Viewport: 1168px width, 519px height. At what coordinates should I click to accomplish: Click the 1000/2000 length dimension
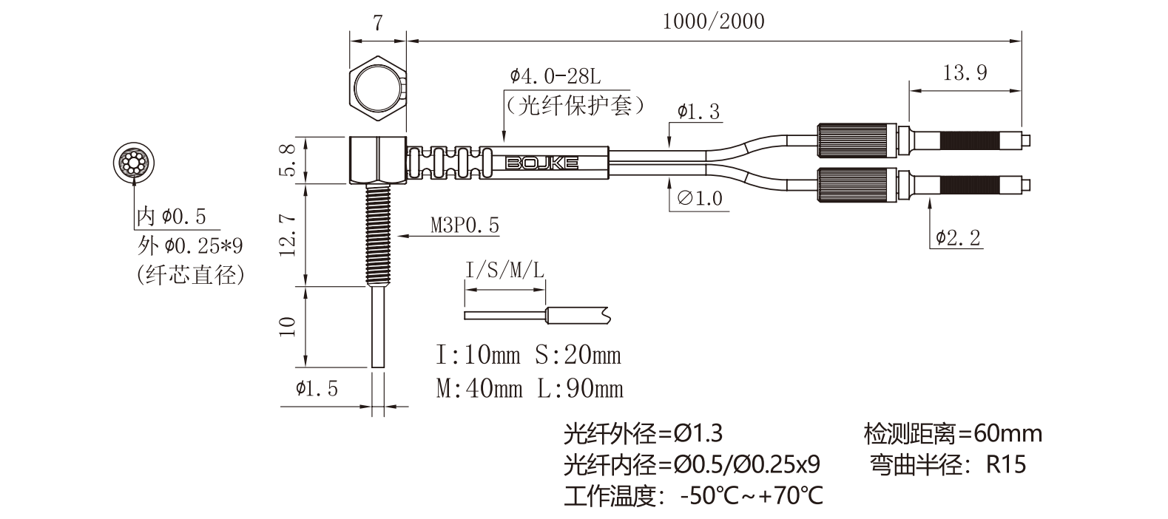[x=713, y=21]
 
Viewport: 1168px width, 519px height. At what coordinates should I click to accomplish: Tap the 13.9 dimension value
[x=965, y=72]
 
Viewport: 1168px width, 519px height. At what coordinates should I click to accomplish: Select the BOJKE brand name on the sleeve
[x=541, y=163]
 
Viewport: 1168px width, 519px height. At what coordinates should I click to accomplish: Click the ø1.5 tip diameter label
[x=317, y=388]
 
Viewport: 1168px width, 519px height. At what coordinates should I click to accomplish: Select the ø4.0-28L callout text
[x=557, y=76]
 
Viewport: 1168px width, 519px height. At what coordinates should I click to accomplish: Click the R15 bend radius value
[x=1007, y=465]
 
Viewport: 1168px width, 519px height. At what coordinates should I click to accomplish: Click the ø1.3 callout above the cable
[x=698, y=112]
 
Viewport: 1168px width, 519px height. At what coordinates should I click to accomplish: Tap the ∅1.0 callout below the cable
[x=700, y=198]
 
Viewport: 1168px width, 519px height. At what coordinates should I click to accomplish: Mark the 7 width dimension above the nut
[x=378, y=23]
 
